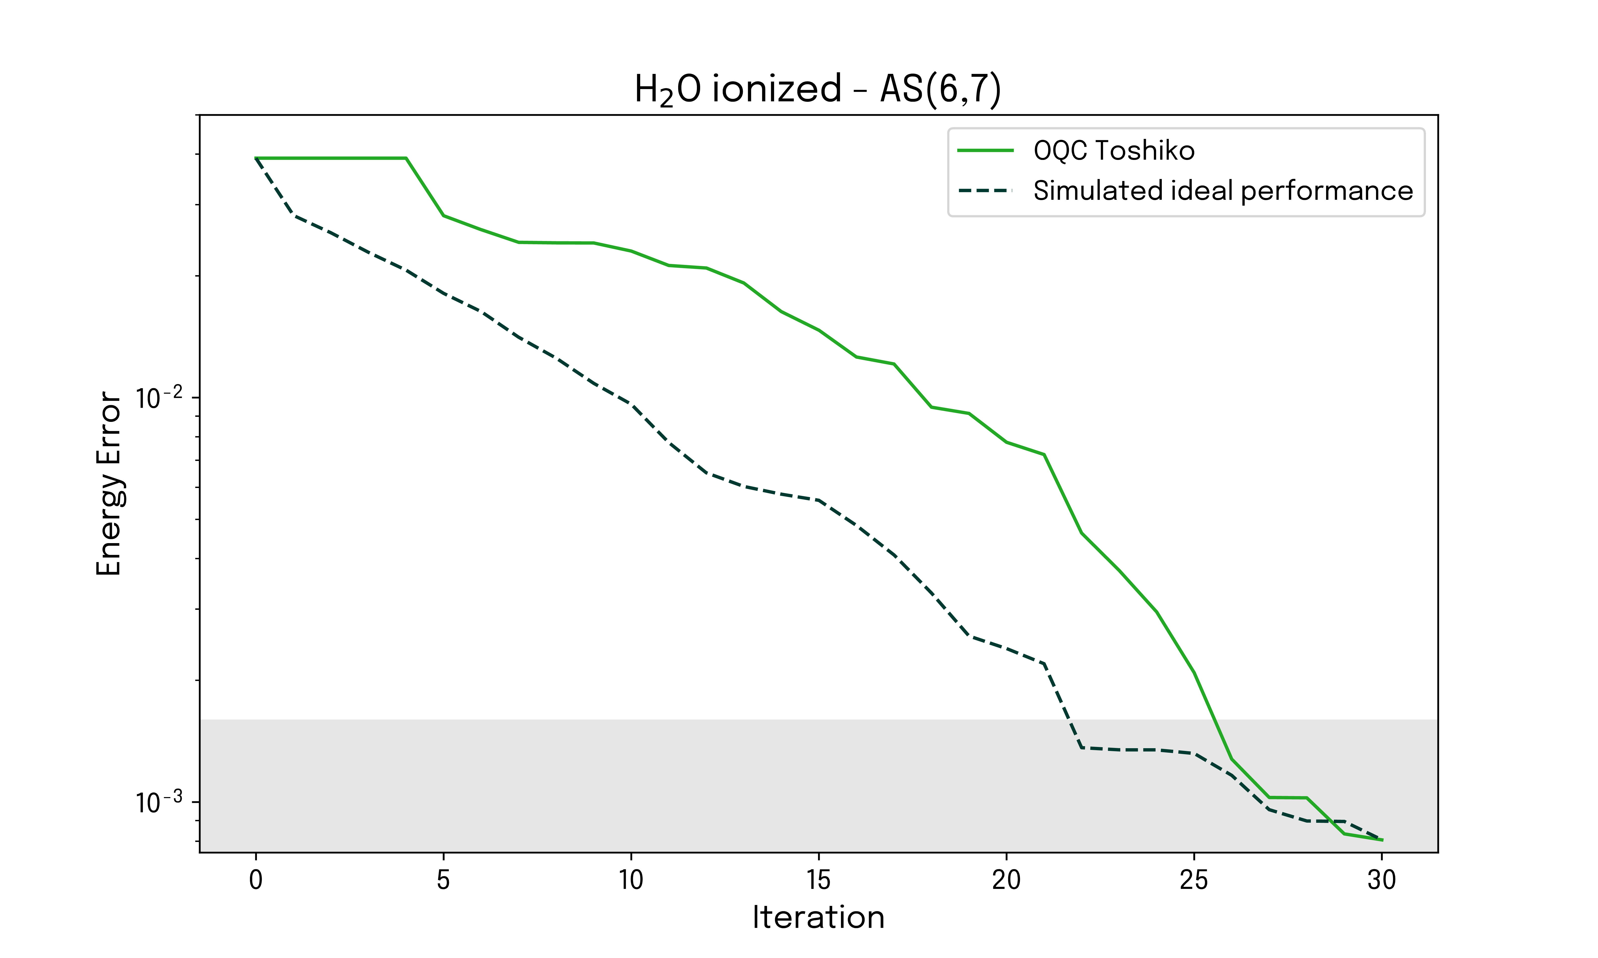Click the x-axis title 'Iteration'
click(x=818, y=917)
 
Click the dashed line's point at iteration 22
click(x=1081, y=747)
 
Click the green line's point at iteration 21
click(x=1044, y=455)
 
